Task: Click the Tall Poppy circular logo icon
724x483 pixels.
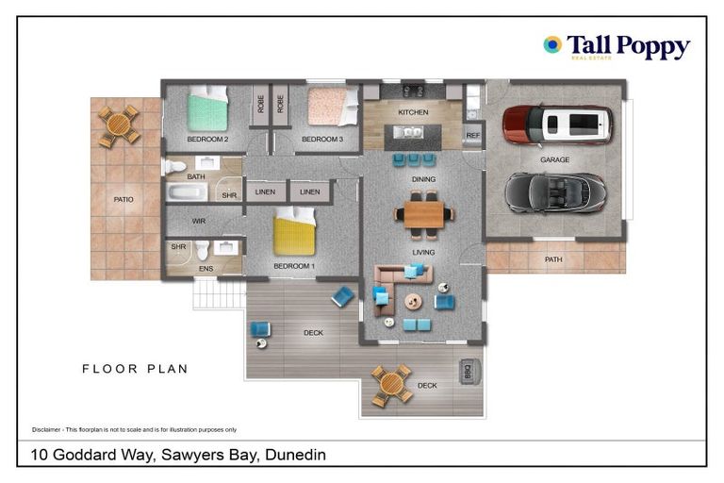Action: pyautogui.click(x=552, y=44)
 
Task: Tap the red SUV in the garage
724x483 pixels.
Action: pyautogui.click(x=558, y=125)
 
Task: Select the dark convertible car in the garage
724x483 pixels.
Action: pyautogui.click(x=555, y=192)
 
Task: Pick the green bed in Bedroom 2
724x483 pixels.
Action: pyautogui.click(x=207, y=108)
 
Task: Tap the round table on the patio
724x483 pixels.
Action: pyautogui.click(x=119, y=125)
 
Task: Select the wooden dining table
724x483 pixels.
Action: pyautogui.click(x=424, y=214)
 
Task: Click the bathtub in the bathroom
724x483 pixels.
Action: pyautogui.click(x=187, y=192)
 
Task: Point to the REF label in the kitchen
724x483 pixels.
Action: pyautogui.click(x=473, y=136)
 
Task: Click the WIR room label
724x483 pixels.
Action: pyautogui.click(x=199, y=222)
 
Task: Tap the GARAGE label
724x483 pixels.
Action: pyautogui.click(x=554, y=160)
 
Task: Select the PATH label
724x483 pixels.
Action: pyautogui.click(x=553, y=259)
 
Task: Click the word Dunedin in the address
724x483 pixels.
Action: pyautogui.click(x=295, y=455)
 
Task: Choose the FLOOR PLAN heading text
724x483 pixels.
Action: pyautogui.click(x=135, y=369)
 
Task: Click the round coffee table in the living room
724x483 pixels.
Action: pyautogui.click(x=413, y=302)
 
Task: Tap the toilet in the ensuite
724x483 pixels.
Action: pyautogui.click(x=203, y=250)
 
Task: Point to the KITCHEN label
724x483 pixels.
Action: pyautogui.click(x=413, y=112)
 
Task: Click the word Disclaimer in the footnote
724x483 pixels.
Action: pyautogui.click(x=46, y=430)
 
